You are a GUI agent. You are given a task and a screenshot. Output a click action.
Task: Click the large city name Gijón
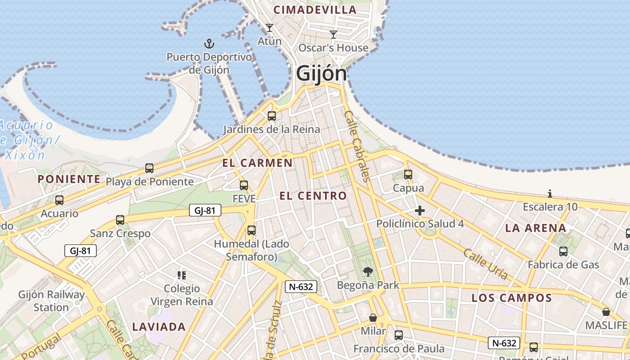click(x=322, y=74)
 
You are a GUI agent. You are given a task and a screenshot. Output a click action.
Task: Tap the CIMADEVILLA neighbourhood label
click(x=315, y=9)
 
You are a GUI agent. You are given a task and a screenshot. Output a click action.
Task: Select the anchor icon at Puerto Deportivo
click(x=209, y=44)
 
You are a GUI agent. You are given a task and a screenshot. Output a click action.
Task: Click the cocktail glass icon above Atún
click(x=269, y=28)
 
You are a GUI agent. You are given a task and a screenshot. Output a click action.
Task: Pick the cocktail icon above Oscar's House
click(x=333, y=34)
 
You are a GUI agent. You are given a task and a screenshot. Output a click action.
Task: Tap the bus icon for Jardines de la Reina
click(x=271, y=116)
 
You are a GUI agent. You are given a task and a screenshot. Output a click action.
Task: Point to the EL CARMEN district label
click(x=257, y=163)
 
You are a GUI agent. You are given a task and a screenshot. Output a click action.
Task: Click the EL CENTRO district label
click(x=313, y=196)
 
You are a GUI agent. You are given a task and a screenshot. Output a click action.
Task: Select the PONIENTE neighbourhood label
click(x=69, y=179)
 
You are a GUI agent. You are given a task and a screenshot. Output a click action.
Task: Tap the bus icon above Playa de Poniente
click(x=149, y=168)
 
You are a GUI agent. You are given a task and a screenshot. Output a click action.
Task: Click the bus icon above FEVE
click(x=244, y=185)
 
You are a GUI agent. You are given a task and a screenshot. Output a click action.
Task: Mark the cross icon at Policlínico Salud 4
click(x=420, y=210)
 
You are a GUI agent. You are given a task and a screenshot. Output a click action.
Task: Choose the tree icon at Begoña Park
click(x=368, y=271)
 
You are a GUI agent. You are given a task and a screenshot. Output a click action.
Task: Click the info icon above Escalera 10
click(x=550, y=194)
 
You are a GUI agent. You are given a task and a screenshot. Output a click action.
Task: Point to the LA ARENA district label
click(x=535, y=228)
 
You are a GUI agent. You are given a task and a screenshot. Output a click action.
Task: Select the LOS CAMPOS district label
click(x=512, y=298)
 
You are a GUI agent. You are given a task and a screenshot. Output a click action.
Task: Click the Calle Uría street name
click(x=486, y=264)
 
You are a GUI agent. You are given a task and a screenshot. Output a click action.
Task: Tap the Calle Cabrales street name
click(x=357, y=146)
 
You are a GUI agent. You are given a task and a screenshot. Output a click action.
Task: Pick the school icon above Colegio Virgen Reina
click(x=182, y=275)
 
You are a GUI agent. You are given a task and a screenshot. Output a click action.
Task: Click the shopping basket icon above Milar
click(x=373, y=318)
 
